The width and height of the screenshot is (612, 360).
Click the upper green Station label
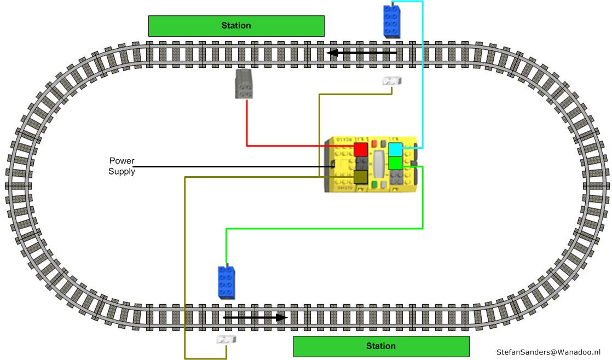236,26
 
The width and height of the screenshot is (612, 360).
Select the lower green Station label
381,346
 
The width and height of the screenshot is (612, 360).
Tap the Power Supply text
122,166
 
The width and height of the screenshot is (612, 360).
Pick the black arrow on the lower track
255,317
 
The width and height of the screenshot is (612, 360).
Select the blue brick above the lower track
226,282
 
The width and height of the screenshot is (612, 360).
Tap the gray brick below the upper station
244,84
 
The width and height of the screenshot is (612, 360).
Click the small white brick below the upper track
391,81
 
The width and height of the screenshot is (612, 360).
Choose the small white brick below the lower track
226,340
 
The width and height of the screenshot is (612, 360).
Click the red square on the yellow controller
360,149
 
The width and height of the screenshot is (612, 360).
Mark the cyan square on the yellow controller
395,149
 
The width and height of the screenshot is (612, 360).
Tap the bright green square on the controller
395,163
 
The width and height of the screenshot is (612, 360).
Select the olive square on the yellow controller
360,177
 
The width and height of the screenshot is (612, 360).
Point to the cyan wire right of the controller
423,82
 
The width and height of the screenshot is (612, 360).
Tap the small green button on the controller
374,184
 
